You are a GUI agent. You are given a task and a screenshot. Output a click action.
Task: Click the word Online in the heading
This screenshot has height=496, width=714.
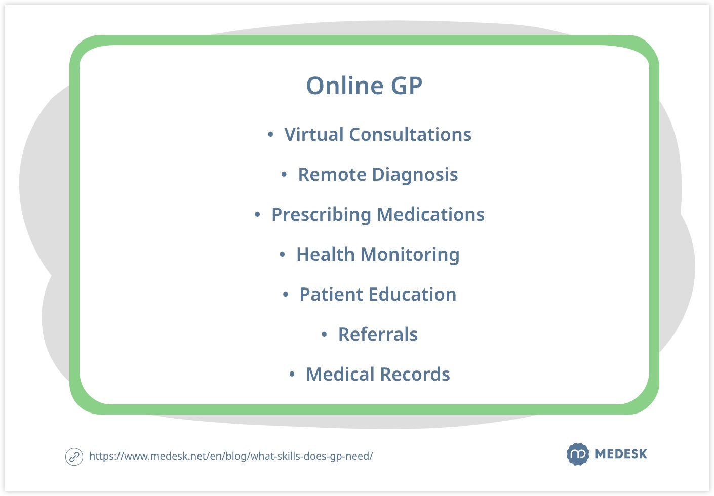tap(344, 86)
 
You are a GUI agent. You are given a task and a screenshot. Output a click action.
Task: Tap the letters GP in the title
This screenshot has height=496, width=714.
tap(407, 86)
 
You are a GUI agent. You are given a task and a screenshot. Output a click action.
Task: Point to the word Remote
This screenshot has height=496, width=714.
tap(332, 174)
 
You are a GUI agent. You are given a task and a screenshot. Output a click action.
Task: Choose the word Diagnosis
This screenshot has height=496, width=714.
tap(415, 175)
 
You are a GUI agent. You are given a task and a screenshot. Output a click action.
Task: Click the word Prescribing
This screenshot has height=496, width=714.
tap(321, 215)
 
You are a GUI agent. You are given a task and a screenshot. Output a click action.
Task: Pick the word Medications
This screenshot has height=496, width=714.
tap(430, 214)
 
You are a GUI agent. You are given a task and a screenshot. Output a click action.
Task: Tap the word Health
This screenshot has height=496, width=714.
tap(326, 254)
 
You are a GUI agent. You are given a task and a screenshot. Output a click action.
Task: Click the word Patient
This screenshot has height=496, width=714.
tap(331, 294)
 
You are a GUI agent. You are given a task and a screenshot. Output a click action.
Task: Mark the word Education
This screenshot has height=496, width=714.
tap(413, 294)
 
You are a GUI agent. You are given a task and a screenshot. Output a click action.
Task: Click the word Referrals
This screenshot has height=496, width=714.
tap(378, 334)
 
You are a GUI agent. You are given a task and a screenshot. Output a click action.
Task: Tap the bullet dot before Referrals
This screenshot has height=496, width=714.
tap(324, 334)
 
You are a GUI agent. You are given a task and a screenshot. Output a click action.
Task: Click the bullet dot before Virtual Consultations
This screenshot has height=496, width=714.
tap(270, 134)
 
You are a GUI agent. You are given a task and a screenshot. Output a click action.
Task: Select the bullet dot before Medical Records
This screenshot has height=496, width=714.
tap(292, 374)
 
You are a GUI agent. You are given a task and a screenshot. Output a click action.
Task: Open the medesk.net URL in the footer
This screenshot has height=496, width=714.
tap(231, 456)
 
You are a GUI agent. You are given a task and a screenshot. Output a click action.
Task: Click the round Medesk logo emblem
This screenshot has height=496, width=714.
tap(578, 454)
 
